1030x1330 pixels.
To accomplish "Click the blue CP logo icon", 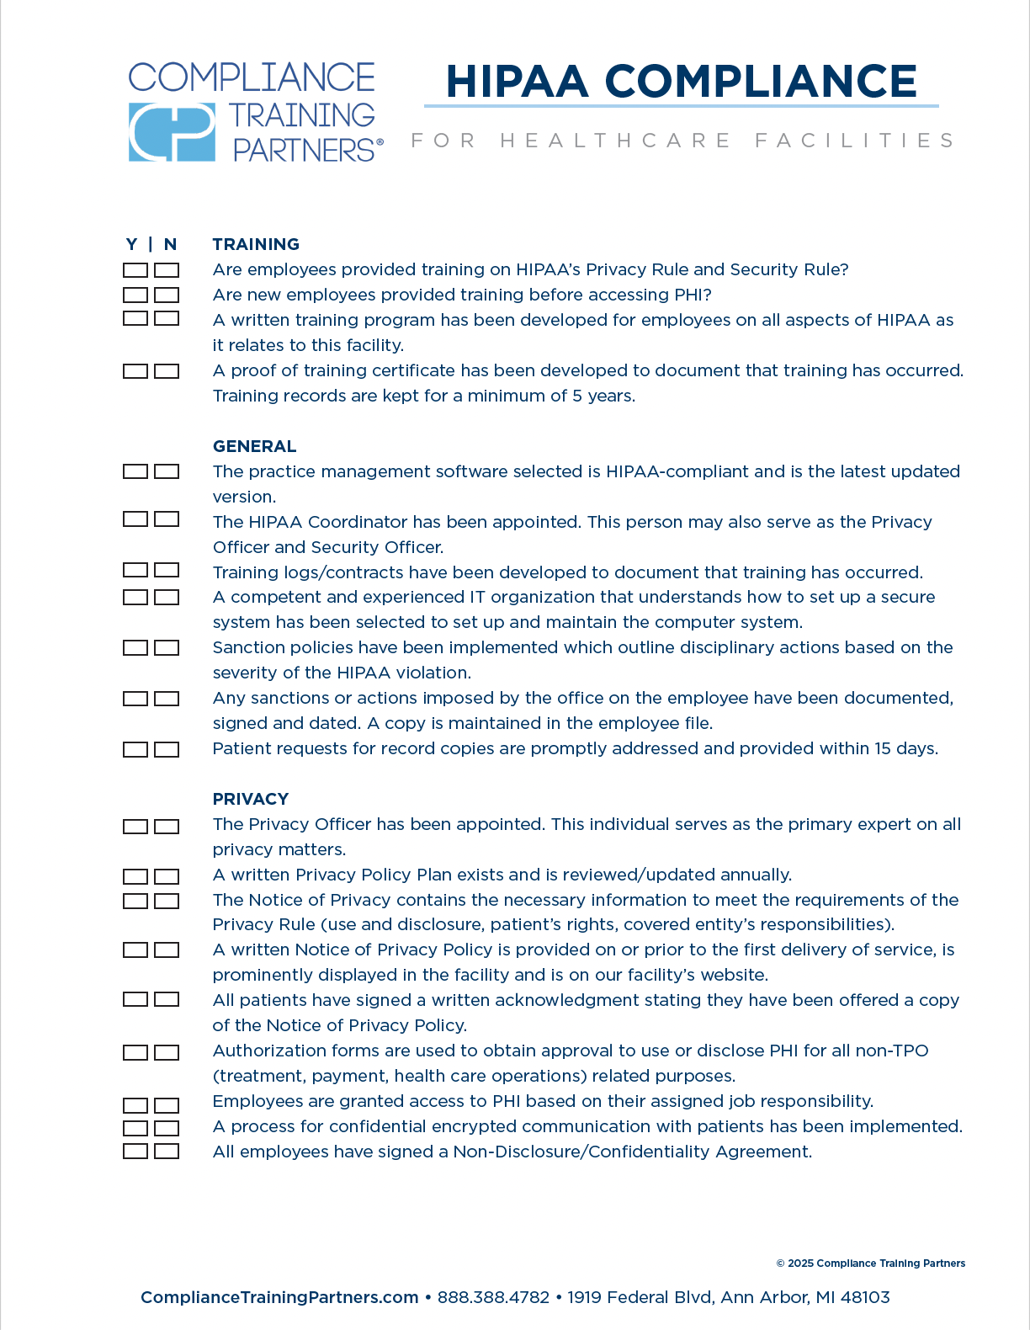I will point(172,132).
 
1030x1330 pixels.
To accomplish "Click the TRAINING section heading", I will point(256,244).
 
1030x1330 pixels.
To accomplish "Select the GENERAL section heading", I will point(254,446).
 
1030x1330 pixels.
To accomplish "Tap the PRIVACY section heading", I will point(251,799).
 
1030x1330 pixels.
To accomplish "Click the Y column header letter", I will point(132,244).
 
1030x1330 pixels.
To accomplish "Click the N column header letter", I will point(170,244).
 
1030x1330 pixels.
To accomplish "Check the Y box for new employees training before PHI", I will point(135,295).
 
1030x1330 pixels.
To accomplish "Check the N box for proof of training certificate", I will point(167,371).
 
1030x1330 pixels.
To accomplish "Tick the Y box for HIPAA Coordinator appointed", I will point(135,519).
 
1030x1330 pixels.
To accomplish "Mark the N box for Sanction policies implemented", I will point(167,648).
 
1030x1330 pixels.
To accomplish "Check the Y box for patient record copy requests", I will point(135,749).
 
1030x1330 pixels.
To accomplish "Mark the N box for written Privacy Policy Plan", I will point(167,876).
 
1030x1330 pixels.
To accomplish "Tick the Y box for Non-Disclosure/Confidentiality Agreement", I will point(135,1152).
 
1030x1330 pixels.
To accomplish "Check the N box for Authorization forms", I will point(167,1052).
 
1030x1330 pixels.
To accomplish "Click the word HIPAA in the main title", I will point(517,82).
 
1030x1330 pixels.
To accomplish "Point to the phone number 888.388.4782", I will point(493,1297).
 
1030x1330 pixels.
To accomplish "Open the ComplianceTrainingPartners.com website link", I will point(279,1297).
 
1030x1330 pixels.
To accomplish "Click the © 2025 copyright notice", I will point(870,1263).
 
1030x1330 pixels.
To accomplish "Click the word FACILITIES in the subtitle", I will point(854,141).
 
